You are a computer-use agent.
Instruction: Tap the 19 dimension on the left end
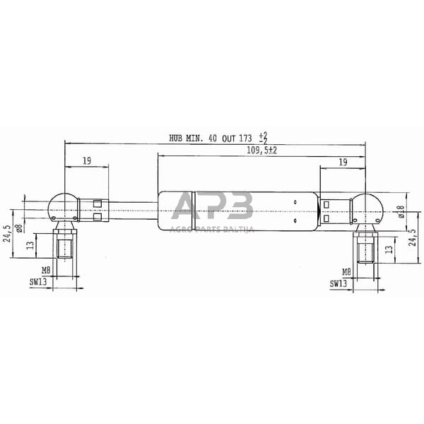point(86,161)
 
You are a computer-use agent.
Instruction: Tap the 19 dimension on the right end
point(342,162)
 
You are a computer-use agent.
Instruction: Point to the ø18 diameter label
point(401,211)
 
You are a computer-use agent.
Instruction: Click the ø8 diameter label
point(20,227)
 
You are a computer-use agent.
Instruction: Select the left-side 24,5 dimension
point(7,233)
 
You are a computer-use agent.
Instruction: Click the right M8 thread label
point(346,271)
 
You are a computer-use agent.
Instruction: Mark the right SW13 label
point(339,283)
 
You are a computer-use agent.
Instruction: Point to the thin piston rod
point(131,210)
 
